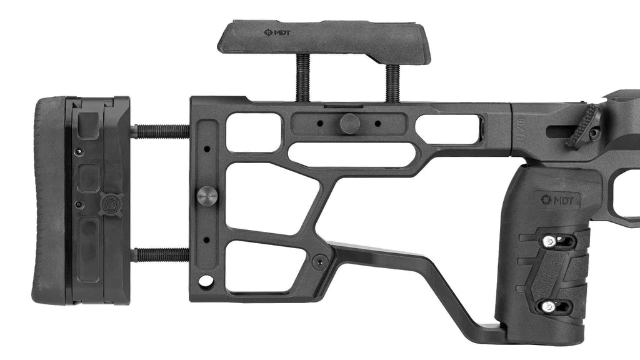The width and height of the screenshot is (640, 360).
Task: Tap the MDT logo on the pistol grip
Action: pos(559,200)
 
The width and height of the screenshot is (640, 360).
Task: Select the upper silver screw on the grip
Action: pos(549,241)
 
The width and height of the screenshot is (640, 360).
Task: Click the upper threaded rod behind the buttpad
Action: pos(160,131)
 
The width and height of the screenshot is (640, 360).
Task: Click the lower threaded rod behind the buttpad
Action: pos(160,254)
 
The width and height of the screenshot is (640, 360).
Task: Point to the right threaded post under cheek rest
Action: pos(392,82)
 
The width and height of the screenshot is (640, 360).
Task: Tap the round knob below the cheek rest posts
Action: pos(349,123)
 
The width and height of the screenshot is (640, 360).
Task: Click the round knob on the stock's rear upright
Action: pos(207,196)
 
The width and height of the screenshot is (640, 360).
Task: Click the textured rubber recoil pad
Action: pos(49,200)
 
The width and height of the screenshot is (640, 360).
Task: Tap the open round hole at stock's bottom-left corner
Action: pos(206,281)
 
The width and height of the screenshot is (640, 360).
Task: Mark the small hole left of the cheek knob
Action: pos(320,124)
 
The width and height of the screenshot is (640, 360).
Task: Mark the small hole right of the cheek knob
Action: pos(377,124)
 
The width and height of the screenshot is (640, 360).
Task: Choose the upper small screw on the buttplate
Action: pos(78,152)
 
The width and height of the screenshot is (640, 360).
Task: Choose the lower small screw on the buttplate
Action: pos(78,204)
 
